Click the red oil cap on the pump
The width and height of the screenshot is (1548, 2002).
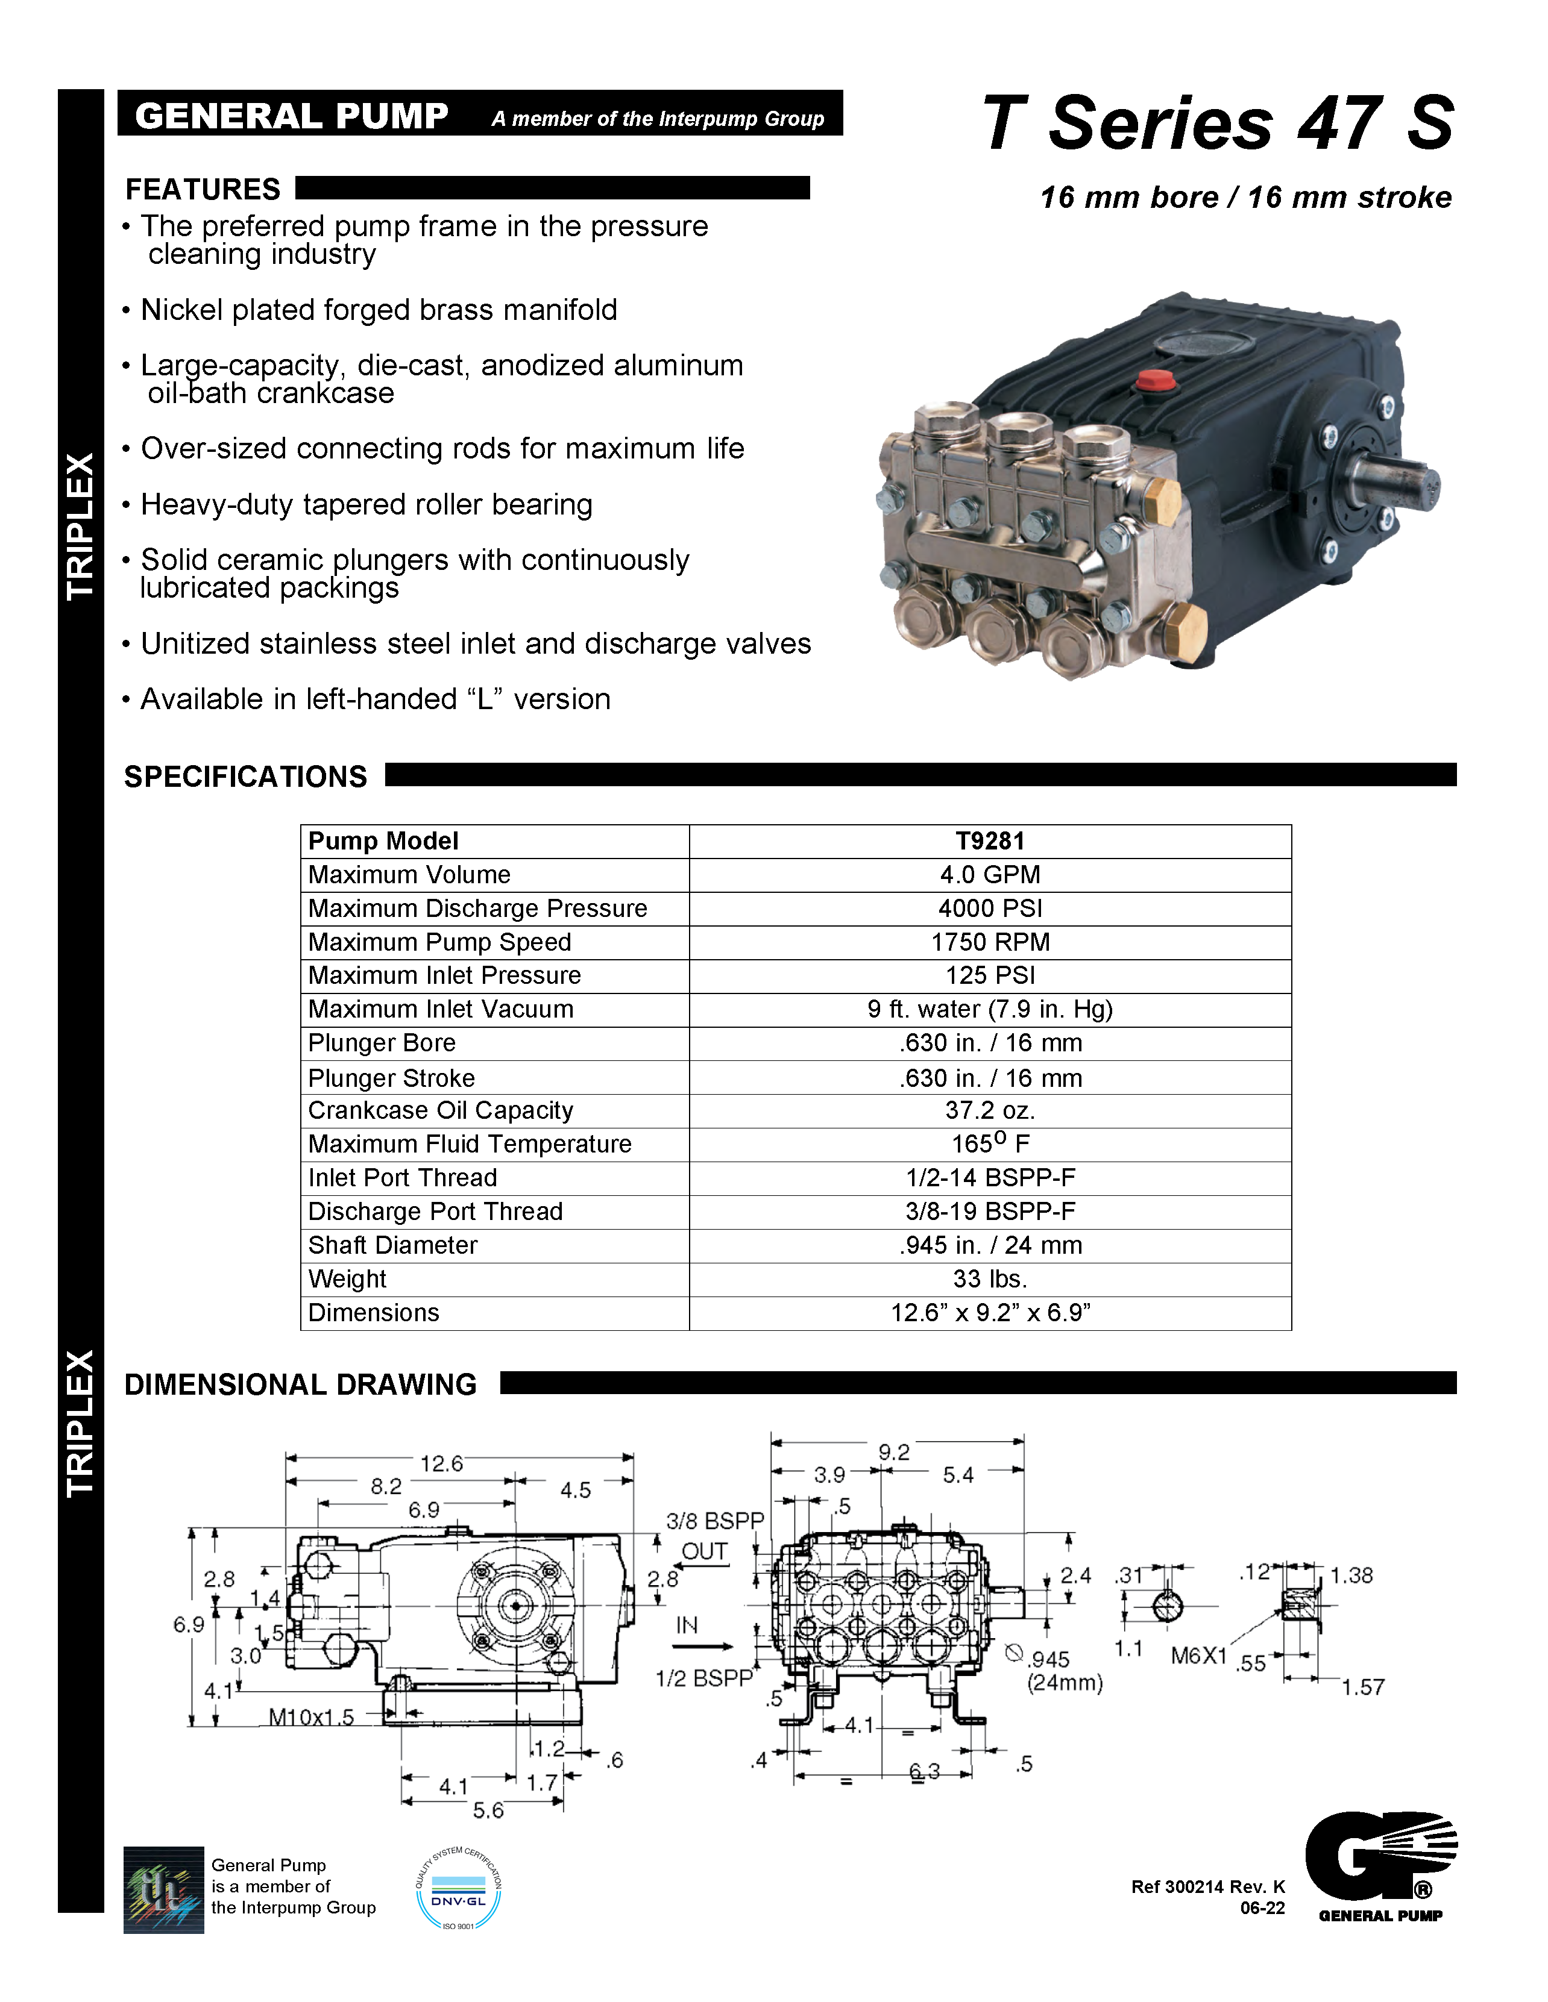pos(1154,380)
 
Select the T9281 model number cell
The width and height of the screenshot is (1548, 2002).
pos(990,840)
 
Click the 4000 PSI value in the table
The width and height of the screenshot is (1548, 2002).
pos(990,909)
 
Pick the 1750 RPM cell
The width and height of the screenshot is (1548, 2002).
pos(990,942)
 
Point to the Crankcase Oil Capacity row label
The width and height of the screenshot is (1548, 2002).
pos(440,1110)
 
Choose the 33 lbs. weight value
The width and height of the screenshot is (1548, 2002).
pos(990,1279)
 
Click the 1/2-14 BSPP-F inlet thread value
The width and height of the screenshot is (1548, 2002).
pos(990,1178)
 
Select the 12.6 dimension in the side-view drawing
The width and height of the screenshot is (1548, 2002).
pos(441,1464)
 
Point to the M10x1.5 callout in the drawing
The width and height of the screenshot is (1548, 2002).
pos(311,1717)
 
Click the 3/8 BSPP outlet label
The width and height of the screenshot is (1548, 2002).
pos(714,1522)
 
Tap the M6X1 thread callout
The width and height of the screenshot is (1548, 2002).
pos(1198,1656)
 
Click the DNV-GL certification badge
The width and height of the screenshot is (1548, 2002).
pos(459,1890)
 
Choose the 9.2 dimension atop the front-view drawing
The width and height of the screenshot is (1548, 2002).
pos(893,1452)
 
